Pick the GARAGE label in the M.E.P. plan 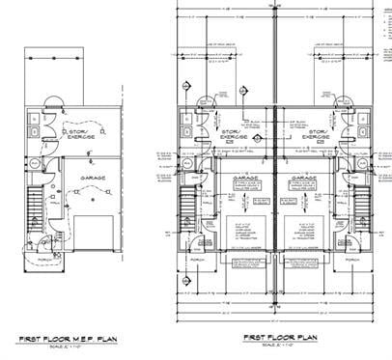pyautogui.click(x=95, y=179)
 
